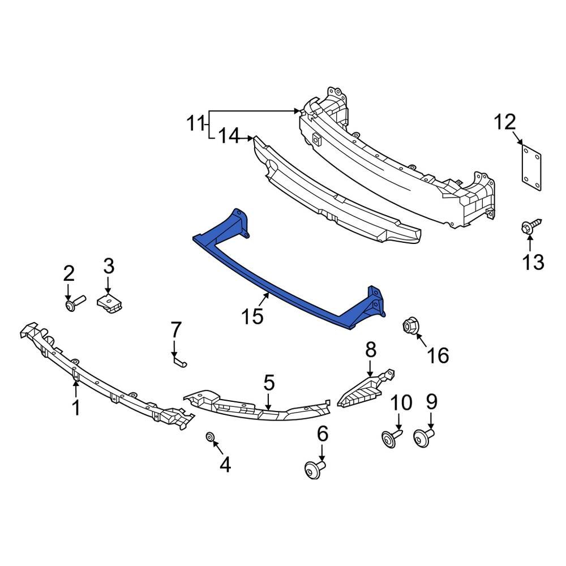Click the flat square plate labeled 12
(531, 165)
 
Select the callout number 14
(229, 136)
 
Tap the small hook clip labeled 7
(179, 360)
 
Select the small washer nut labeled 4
(209, 438)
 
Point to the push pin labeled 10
(391, 439)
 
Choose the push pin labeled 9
(423, 438)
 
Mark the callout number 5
(268, 383)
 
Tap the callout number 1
(76, 408)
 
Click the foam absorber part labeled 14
(334, 192)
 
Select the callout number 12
(505, 122)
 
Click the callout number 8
(370, 350)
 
